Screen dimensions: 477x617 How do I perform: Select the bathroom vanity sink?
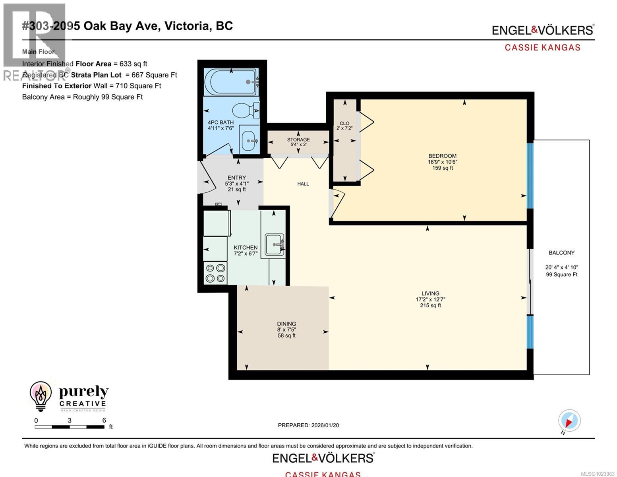[249, 141]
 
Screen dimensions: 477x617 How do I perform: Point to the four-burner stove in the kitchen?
[215, 273]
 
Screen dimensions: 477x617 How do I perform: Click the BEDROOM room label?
[442, 156]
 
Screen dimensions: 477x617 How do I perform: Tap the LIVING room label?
[430, 293]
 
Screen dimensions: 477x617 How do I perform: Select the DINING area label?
[286, 324]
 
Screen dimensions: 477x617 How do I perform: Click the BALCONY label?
[561, 252]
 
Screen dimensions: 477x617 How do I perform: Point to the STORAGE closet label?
[298, 140]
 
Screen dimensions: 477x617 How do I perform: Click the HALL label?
[303, 184]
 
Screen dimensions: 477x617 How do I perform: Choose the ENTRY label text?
[236, 178]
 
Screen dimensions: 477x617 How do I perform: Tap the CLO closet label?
[344, 123]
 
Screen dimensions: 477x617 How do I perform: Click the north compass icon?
[569, 421]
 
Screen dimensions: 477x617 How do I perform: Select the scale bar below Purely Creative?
[70, 427]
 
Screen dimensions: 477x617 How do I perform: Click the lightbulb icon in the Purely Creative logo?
[41, 396]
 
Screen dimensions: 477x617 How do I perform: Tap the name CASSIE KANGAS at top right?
[542, 47]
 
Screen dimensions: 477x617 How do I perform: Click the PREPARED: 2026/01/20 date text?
[308, 425]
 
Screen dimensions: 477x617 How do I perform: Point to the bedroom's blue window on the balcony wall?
[530, 175]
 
